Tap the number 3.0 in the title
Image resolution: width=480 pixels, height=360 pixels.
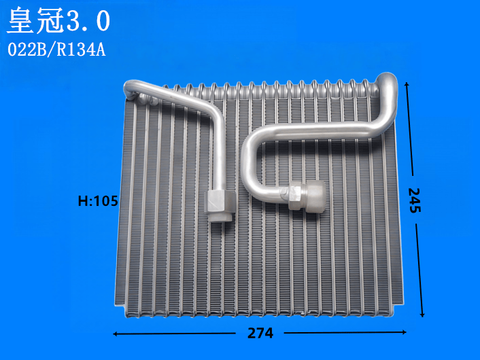[88, 20]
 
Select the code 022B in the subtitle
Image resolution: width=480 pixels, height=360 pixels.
[27, 50]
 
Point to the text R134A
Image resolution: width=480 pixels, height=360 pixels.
[81, 50]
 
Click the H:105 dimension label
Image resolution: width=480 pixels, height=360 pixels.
[98, 201]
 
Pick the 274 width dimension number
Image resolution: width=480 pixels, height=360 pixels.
[260, 333]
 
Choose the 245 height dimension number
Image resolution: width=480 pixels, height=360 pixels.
[415, 200]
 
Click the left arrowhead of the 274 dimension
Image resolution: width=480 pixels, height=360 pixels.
[115, 334]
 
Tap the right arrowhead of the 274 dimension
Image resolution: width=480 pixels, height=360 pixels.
[404, 332]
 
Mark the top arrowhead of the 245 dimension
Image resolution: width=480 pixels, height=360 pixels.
[407, 84]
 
